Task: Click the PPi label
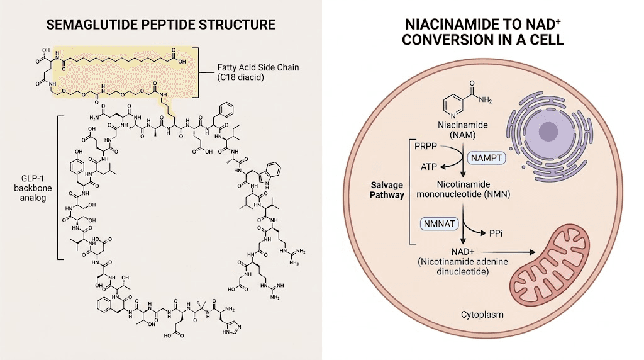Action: coord(496,233)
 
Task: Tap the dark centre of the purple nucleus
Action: coord(548,131)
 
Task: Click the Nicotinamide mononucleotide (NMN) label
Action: coord(464,189)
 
